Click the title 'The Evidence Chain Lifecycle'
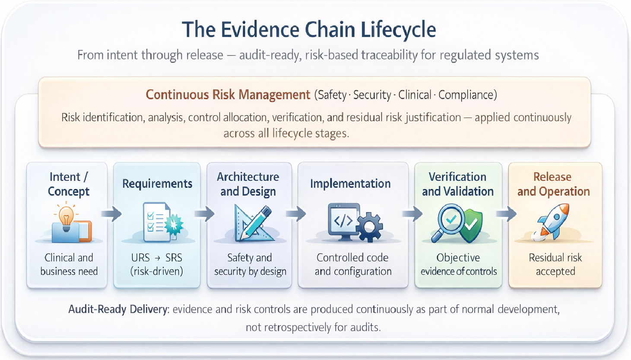click(x=309, y=30)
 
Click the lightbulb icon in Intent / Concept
click(x=66, y=217)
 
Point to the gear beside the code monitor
click(x=370, y=226)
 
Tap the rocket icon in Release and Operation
click(x=553, y=222)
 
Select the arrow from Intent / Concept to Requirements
click(x=112, y=213)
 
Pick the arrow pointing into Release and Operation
click(x=506, y=213)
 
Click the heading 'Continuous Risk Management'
click(x=228, y=95)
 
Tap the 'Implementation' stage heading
click(x=350, y=184)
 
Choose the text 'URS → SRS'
click(x=157, y=258)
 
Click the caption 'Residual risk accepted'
click(x=555, y=264)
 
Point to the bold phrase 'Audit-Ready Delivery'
click(x=118, y=309)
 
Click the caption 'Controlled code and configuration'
click(x=353, y=264)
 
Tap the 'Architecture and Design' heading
click(x=248, y=184)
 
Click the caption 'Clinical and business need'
click(x=69, y=264)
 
